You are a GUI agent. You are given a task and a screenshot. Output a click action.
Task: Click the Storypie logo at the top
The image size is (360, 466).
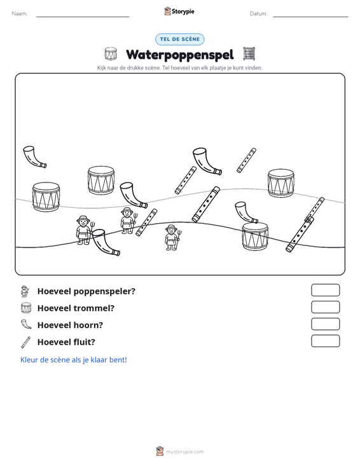(179, 11)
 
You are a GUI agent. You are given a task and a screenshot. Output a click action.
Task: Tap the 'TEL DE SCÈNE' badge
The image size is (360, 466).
(180, 39)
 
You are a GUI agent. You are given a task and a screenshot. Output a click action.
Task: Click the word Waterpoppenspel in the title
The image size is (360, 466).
(180, 55)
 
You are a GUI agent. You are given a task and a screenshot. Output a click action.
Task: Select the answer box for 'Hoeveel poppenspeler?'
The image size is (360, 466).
(325, 290)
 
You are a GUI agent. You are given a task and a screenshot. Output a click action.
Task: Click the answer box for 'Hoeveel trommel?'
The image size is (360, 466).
(325, 307)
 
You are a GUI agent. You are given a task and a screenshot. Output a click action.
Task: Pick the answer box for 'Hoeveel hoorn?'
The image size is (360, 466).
(325, 324)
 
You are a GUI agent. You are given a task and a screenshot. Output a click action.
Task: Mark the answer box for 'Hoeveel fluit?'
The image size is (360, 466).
(325, 341)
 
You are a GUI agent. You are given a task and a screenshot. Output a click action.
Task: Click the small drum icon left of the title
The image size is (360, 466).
(111, 54)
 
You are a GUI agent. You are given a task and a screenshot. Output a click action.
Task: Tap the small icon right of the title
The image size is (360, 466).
(249, 54)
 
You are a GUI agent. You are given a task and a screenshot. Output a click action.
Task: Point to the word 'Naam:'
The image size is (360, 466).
(20, 14)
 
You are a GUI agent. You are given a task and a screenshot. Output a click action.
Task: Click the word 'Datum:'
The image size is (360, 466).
(258, 14)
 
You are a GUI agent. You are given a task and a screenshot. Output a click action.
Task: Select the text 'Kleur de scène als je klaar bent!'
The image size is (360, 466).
(73, 360)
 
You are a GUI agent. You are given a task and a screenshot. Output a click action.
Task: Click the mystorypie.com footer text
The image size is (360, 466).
(184, 452)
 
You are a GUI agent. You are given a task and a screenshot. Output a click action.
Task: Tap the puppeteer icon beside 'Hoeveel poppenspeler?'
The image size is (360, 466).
(25, 291)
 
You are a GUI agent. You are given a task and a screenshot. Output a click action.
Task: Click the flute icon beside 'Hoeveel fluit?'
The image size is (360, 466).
(25, 342)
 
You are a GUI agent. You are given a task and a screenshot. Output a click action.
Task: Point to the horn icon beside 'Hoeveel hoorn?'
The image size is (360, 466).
(25, 324)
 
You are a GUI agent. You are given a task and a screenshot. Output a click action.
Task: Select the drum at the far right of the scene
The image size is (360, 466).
(281, 183)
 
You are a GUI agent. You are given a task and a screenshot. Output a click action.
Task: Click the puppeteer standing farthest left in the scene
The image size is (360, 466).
(84, 230)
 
